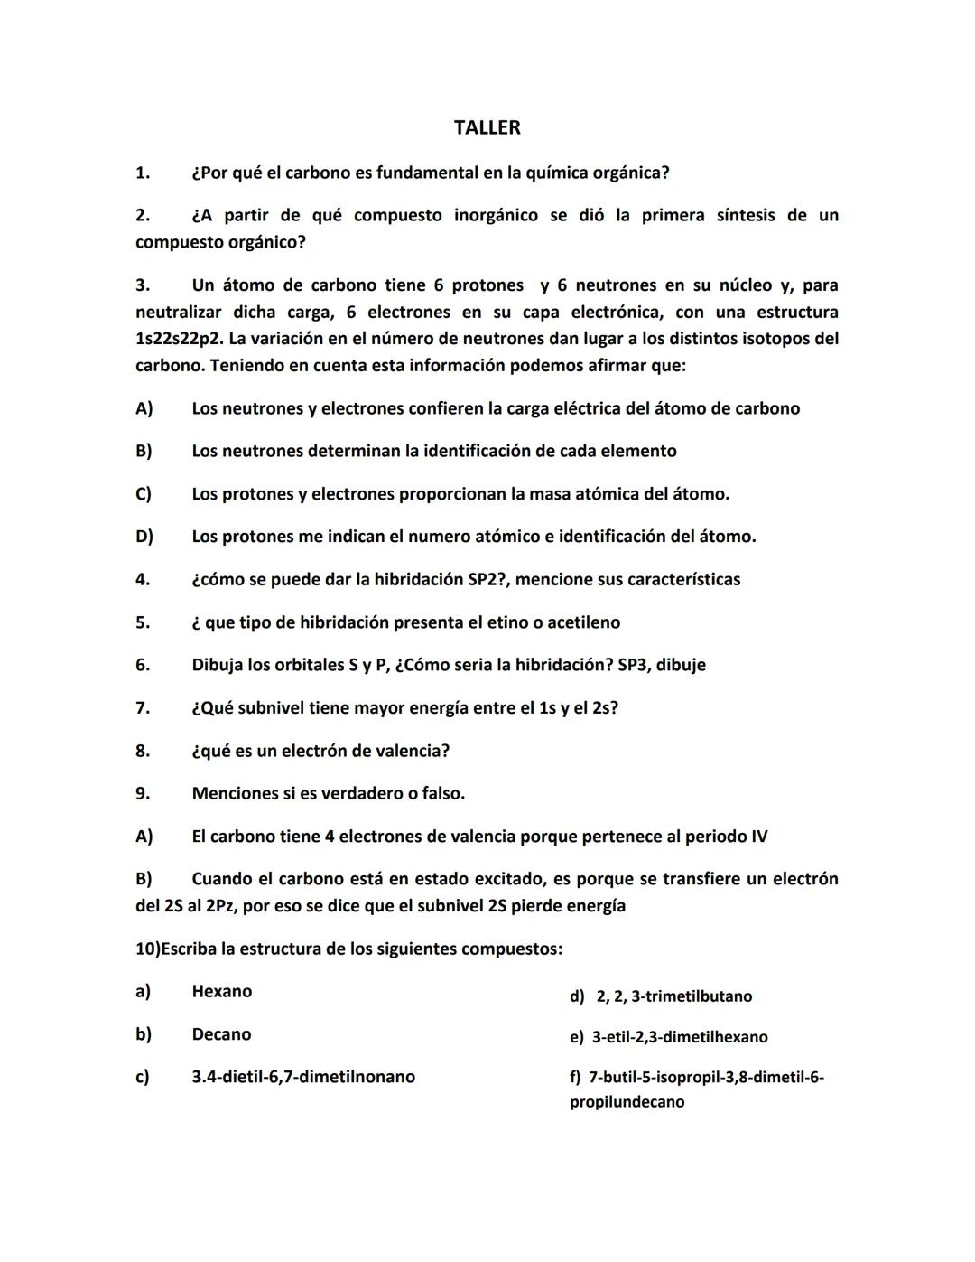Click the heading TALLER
(487, 127)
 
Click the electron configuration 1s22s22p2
(179, 339)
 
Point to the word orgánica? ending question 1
(628, 173)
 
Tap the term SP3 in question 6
(634, 665)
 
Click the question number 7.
(143, 708)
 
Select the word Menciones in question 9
(234, 793)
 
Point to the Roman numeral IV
(758, 837)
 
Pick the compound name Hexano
(221, 991)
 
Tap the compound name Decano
(221, 1034)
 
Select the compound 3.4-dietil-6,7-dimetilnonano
(303, 1077)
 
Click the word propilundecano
(627, 1102)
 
